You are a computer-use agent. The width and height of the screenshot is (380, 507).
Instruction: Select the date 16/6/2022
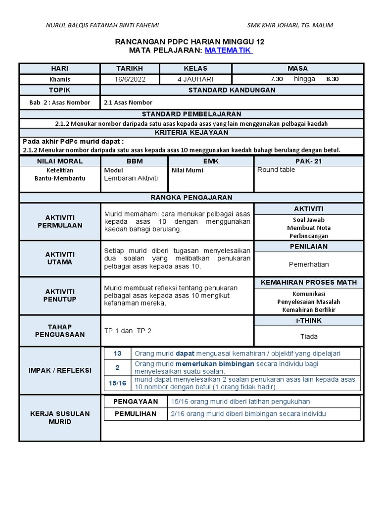129,79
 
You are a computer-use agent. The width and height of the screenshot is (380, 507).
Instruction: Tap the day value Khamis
59,79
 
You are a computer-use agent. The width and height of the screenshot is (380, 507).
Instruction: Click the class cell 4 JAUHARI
195,79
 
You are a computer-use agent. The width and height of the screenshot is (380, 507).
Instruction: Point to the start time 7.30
277,79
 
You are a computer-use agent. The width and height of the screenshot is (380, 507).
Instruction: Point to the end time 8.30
332,79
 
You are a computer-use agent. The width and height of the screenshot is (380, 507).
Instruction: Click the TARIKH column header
129,68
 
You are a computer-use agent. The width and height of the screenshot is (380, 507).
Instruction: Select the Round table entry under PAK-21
276,170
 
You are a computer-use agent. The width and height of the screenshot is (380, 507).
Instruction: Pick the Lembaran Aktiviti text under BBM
131,178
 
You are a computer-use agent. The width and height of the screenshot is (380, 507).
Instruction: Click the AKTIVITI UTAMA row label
60,258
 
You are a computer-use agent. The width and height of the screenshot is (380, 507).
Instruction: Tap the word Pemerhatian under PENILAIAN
309,264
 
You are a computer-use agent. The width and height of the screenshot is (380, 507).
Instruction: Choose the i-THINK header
309,320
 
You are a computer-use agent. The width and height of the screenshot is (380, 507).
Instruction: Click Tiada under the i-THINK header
309,336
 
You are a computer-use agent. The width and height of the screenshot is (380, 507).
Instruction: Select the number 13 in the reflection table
117,354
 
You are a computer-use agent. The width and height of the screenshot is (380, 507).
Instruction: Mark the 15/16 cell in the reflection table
117,383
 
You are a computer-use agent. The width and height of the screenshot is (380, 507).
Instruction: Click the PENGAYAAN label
136,402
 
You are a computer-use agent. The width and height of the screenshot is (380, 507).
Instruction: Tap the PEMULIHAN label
136,413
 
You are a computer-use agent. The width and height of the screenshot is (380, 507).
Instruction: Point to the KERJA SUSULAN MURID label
60,417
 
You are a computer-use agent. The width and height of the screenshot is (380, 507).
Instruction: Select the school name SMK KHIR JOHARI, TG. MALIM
290,25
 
